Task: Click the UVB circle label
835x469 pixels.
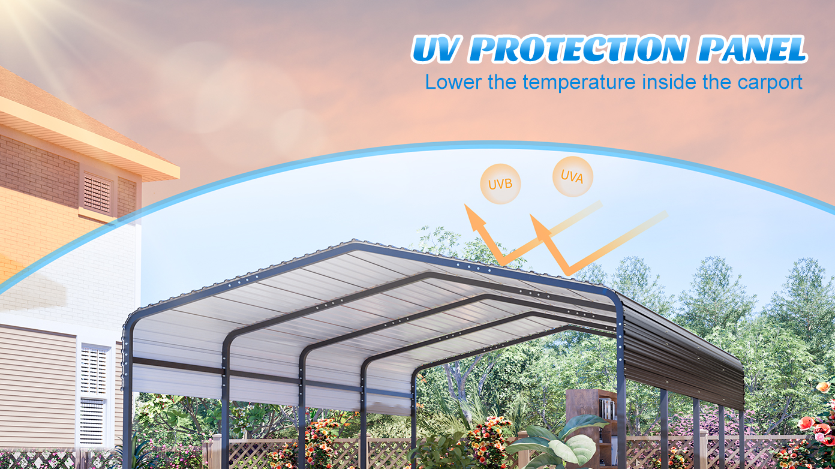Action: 500,184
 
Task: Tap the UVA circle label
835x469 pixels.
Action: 573,176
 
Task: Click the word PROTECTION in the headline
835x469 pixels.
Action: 578,49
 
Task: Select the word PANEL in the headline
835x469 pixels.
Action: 752,49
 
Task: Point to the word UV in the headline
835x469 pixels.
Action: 435,49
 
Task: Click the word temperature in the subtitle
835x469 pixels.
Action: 579,83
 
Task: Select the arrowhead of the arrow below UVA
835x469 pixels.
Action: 539,226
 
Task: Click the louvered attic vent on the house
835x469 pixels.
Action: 97,194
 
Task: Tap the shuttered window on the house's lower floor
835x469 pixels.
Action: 93,395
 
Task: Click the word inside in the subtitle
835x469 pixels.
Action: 669,82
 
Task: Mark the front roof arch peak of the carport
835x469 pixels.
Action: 354,243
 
